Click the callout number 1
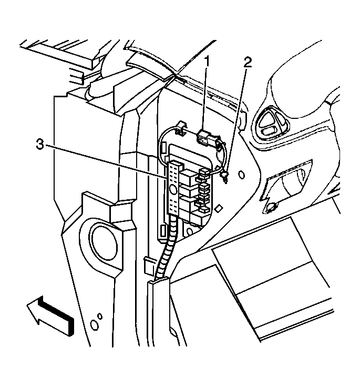pos(207,62)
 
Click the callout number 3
pos(40,145)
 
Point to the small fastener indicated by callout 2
pos(225,177)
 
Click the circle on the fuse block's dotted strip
pos(173,190)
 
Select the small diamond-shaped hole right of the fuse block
pos(218,209)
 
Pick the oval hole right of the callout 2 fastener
pos(242,175)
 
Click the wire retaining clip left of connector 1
pos(181,128)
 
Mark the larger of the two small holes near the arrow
pos(94,325)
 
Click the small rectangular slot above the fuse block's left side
pos(163,149)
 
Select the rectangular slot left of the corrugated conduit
pos(163,231)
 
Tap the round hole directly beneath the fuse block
pos(190,232)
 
